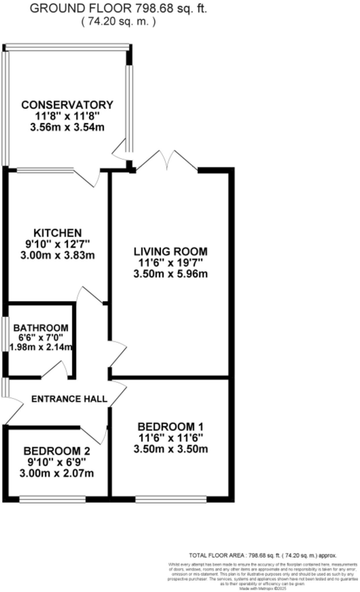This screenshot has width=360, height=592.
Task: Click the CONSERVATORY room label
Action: tap(67, 105)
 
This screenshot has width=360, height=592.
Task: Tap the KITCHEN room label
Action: tap(58, 233)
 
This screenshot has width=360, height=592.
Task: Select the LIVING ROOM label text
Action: tap(170, 252)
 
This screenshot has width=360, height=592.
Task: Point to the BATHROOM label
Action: tap(41, 328)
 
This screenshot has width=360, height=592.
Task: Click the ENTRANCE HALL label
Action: tap(69, 399)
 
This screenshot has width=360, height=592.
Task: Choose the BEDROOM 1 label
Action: tap(170, 427)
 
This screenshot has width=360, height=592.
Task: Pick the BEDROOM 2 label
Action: tap(57, 451)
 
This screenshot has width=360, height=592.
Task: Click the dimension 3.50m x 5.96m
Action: tap(170, 274)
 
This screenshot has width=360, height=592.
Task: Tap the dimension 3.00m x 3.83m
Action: tap(58, 256)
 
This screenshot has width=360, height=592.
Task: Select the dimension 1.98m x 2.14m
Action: tap(41, 347)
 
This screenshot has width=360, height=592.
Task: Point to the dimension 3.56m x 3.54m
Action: tap(67, 127)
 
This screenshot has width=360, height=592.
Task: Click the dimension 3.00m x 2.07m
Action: tap(57, 473)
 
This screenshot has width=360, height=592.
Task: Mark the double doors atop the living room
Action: tap(167, 161)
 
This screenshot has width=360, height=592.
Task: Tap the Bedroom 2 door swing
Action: tap(95, 435)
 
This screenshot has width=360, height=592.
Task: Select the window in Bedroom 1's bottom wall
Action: tap(171, 499)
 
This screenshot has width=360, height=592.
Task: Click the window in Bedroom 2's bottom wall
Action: tap(52, 499)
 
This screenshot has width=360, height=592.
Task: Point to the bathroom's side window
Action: tap(5, 334)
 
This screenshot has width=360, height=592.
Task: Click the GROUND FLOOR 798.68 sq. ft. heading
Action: tap(118, 9)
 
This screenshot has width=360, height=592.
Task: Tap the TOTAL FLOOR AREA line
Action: tap(263, 556)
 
